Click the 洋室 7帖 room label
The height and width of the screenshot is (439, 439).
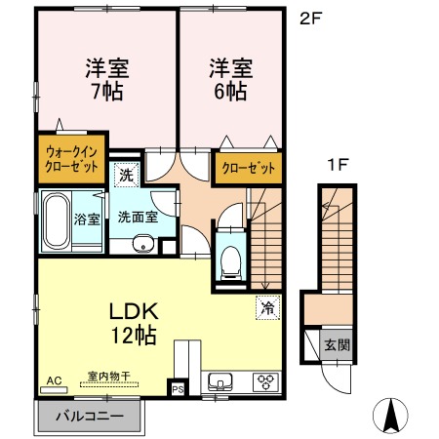(107, 79)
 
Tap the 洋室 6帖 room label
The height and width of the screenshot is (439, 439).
(230, 79)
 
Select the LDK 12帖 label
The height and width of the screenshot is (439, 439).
(134, 323)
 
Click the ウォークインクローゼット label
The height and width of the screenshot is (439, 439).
(71, 159)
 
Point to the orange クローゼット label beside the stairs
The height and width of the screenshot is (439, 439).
(248, 168)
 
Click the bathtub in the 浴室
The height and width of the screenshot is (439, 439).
(57, 220)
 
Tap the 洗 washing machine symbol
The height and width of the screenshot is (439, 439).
(127, 176)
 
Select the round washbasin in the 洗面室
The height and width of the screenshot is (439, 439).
(143, 244)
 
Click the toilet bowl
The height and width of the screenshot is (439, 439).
(230, 261)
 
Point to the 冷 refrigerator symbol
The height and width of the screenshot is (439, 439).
(268, 307)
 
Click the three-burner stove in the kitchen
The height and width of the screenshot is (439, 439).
(265, 381)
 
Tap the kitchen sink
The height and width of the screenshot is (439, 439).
(220, 381)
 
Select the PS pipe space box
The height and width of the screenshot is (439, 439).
(178, 389)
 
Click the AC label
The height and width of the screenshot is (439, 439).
(54, 380)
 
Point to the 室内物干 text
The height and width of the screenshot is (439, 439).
(109, 376)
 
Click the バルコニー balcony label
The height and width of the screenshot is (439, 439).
(90, 417)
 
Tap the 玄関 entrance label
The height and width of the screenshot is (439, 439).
(338, 344)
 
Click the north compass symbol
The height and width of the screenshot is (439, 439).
(390, 416)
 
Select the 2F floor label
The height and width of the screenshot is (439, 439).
(310, 20)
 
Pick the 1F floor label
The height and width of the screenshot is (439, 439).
(339, 165)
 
